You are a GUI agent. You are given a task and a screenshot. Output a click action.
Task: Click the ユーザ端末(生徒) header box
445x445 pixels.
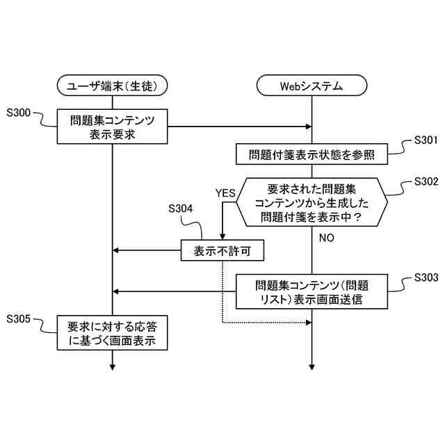click(112, 86)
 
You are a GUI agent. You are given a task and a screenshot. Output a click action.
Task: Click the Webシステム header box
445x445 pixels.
click(311, 86)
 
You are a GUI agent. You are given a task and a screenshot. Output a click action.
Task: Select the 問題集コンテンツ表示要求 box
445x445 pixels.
click(112, 127)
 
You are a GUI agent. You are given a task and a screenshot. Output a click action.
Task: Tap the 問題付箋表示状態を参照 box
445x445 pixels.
click(311, 154)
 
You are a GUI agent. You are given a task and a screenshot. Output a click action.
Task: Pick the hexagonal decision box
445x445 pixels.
click(311, 202)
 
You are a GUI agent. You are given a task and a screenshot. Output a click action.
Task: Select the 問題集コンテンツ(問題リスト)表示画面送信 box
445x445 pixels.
click(311, 292)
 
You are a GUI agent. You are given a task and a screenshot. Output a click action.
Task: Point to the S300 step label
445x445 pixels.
click(19, 113)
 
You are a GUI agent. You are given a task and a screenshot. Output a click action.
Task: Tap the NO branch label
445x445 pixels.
click(327, 238)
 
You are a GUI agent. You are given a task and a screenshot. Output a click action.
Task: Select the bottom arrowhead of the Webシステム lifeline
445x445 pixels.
click(311, 367)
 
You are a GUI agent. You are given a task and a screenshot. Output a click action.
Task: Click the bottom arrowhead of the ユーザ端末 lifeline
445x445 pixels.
click(112, 367)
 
